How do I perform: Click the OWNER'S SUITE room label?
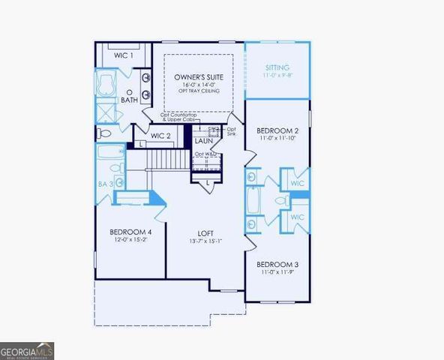(197, 77)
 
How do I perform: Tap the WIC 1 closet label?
(124, 55)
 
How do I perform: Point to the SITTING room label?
(277, 67)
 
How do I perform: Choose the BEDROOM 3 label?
(277, 265)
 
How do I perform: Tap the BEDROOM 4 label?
(130, 232)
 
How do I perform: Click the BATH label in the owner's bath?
(130, 100)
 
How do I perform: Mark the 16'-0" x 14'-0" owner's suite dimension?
(197, 85)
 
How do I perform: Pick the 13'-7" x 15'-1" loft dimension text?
(206, 240)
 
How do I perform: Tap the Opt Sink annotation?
(231, 133)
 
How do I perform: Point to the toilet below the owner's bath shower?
(105, 133)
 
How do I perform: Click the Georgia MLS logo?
(27, 350)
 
